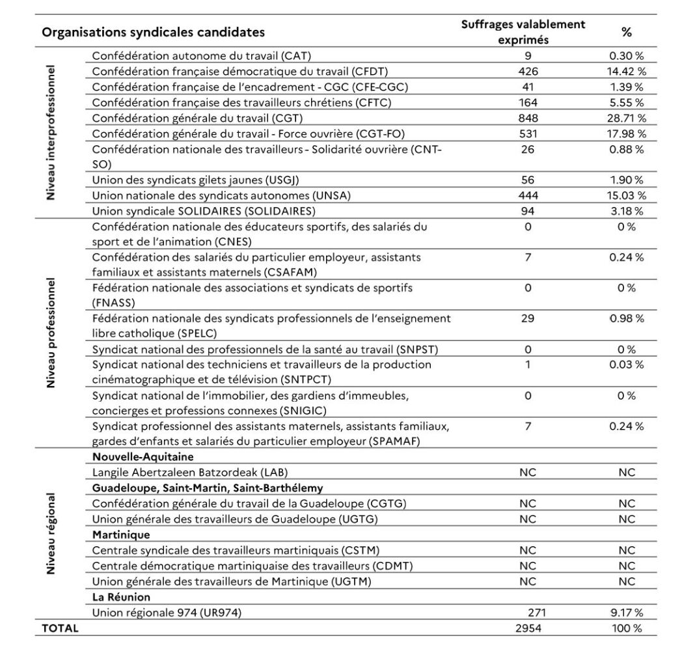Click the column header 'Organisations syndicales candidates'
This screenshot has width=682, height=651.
click(154, 32)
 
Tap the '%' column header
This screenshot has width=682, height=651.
click(626, 32)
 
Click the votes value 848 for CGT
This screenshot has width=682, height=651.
click(528, 118)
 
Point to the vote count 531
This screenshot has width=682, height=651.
click(528, 133)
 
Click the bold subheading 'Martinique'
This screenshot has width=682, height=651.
click(121, 534)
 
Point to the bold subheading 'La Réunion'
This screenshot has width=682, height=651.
click(121, 597)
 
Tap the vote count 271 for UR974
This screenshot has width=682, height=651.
click(537, 613)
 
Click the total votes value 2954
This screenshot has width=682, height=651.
click(528, 628)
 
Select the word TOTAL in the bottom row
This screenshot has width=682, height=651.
click(60, 628)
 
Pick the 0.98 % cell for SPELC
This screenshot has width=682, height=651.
click(627, 318)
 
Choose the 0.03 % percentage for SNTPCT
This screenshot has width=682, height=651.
click(627, 365)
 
